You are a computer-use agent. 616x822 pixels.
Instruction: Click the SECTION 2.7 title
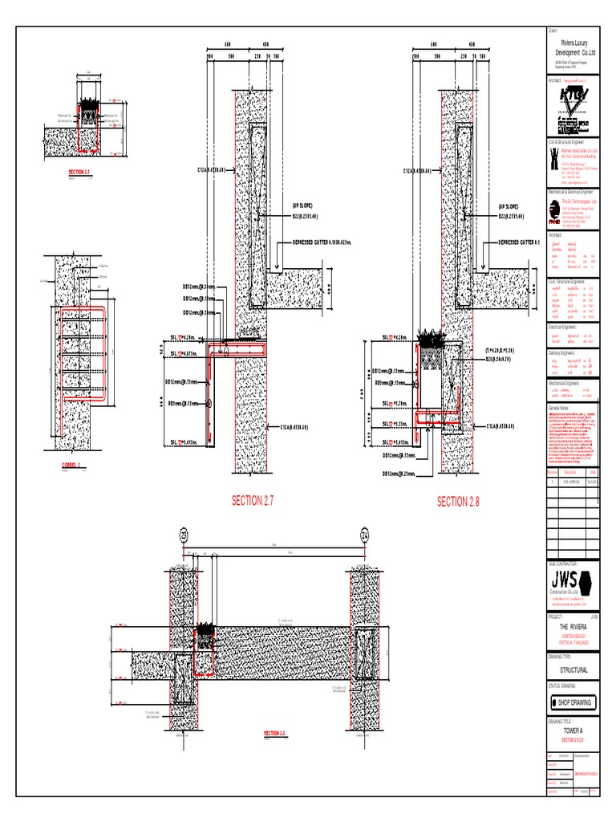click(253, 501)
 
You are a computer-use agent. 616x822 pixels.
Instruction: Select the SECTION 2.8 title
click(458, 502)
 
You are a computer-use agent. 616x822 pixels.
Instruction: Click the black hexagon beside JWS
click(587, 580)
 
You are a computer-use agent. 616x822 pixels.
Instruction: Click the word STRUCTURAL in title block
click(569, 669)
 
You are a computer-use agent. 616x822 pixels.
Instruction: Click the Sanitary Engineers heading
click(563, 352)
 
